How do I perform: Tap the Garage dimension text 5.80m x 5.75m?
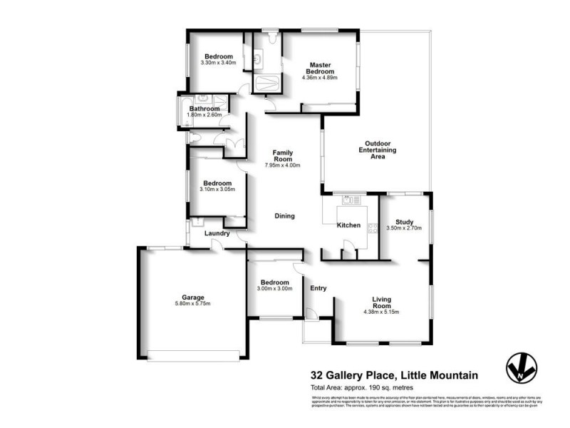193,304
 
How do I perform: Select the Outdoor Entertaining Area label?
378,149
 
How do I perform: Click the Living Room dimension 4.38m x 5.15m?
383,311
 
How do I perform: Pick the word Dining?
284,216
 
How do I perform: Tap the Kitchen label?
348,225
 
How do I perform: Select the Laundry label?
217,233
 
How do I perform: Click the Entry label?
318,288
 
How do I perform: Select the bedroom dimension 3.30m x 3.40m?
219,63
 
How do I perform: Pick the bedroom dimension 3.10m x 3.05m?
218,190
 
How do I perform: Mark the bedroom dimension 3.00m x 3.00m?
274,289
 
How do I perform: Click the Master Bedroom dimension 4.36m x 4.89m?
320,78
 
